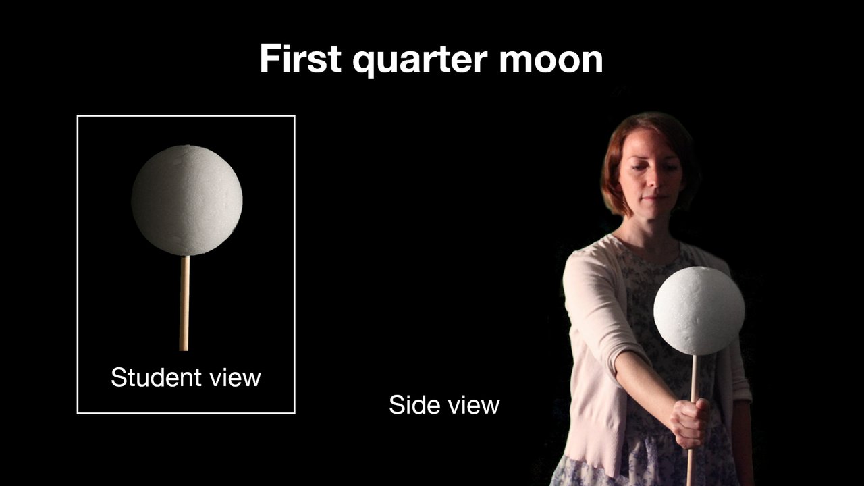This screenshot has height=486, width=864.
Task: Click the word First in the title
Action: [300, 59]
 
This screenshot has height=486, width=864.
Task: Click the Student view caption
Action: [186, 377]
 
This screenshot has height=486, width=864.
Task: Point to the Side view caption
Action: [444, 405]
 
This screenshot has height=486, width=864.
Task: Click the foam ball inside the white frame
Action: [186, 200]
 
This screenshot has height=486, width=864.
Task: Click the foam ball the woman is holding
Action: [699, 310]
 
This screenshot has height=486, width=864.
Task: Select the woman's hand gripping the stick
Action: [691, 422]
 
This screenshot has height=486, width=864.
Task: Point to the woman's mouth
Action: [650, 200]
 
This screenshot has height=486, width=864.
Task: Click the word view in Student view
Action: [233, 377]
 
